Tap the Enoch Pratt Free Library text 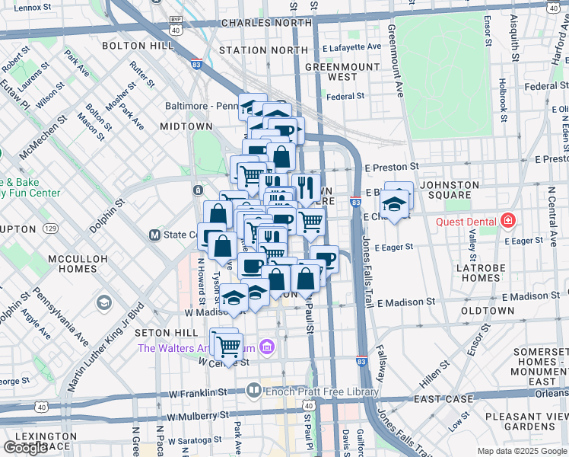(x=322, y=391)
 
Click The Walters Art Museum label (x=196, y=349)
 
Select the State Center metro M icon (x=154, y=235)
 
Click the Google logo (x=25, y=448)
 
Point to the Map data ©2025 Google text (x=521, y=451)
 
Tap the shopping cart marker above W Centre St (x=228, y=347)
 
